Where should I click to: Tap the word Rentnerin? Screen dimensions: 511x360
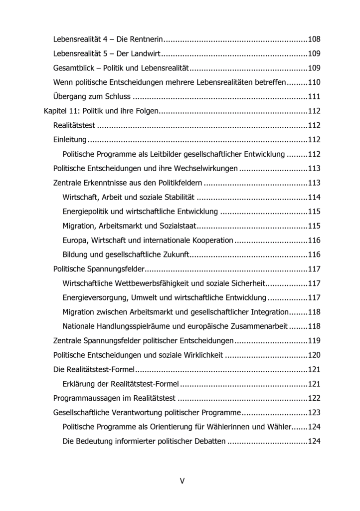pyautogui.click(x=147, y=39)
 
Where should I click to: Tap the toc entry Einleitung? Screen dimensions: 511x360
pyautogui.click(x=70, y=140)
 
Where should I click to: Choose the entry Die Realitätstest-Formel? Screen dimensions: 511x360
pyautogui.click(x=94, y=370)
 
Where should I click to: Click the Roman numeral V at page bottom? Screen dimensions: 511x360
pyautogui.click(x=182, y=481)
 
